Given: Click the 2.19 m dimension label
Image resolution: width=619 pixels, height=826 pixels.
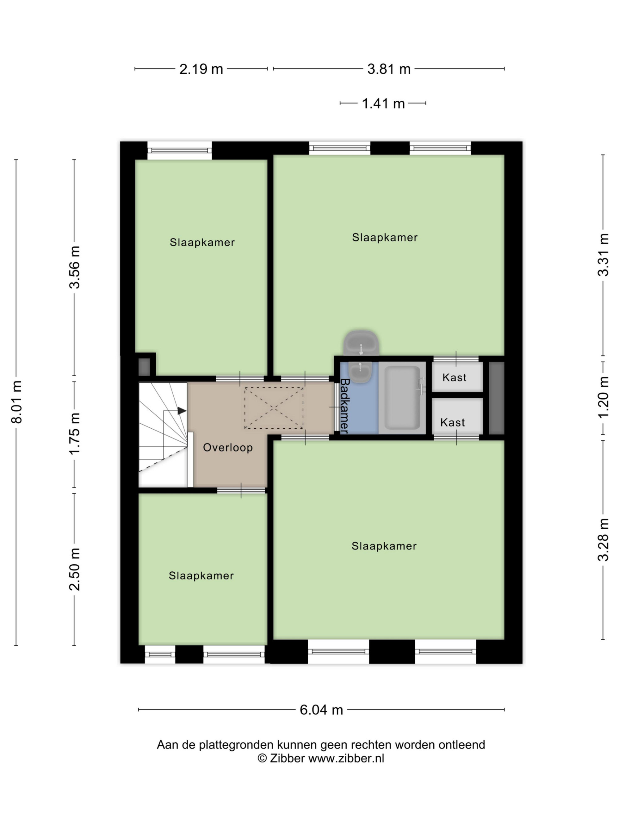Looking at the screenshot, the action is click(201, 69).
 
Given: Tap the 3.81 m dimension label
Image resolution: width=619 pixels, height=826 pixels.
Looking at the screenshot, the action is click(389, 69).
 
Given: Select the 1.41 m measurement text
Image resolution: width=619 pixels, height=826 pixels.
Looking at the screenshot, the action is click(383, 103).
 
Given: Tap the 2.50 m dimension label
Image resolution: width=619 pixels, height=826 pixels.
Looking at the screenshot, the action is click(75, 570).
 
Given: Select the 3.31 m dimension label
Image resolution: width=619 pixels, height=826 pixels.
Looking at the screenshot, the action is click(603, 255).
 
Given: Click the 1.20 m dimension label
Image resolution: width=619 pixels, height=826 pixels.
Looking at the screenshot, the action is click(603, 397).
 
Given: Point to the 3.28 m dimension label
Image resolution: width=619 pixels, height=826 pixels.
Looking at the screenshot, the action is click(603, 540).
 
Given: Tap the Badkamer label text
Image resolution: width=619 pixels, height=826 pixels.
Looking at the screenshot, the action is click(345, 406).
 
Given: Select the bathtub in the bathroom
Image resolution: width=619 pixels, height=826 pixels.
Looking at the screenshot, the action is click(402, 398).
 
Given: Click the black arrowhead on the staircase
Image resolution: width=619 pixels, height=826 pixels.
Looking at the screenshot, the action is click(182, 411).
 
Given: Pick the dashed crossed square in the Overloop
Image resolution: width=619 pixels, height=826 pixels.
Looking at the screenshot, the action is click(274, 408).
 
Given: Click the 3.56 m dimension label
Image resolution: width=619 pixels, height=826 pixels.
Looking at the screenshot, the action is click(75, 267).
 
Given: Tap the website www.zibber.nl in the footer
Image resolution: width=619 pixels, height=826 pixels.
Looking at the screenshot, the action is click(346, 758).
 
